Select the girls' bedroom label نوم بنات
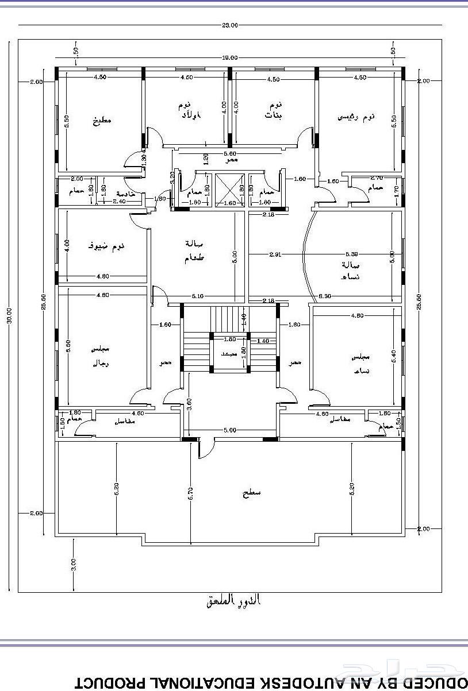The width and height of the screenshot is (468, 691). [x=274, y=110]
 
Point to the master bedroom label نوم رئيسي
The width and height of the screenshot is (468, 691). [x=356, y=117]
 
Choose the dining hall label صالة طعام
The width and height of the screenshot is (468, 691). [x=194, y=251]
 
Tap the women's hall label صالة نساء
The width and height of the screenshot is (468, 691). [x=351, y=270]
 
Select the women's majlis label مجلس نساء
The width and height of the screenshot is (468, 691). [x=361, y=363]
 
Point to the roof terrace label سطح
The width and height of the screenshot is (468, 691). [x=251, y=492]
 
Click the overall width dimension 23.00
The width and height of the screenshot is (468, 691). [x=230, y=25]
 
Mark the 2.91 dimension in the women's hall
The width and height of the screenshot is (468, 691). [x=274, y=254]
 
